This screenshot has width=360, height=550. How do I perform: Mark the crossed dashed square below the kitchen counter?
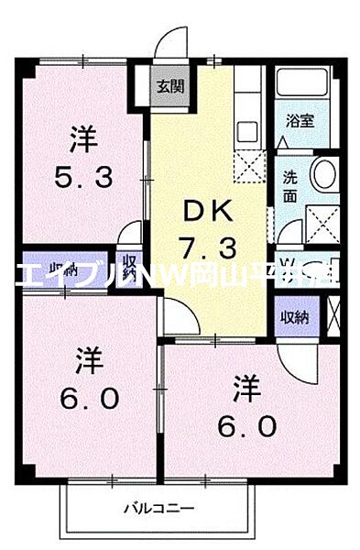point(248,165)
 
